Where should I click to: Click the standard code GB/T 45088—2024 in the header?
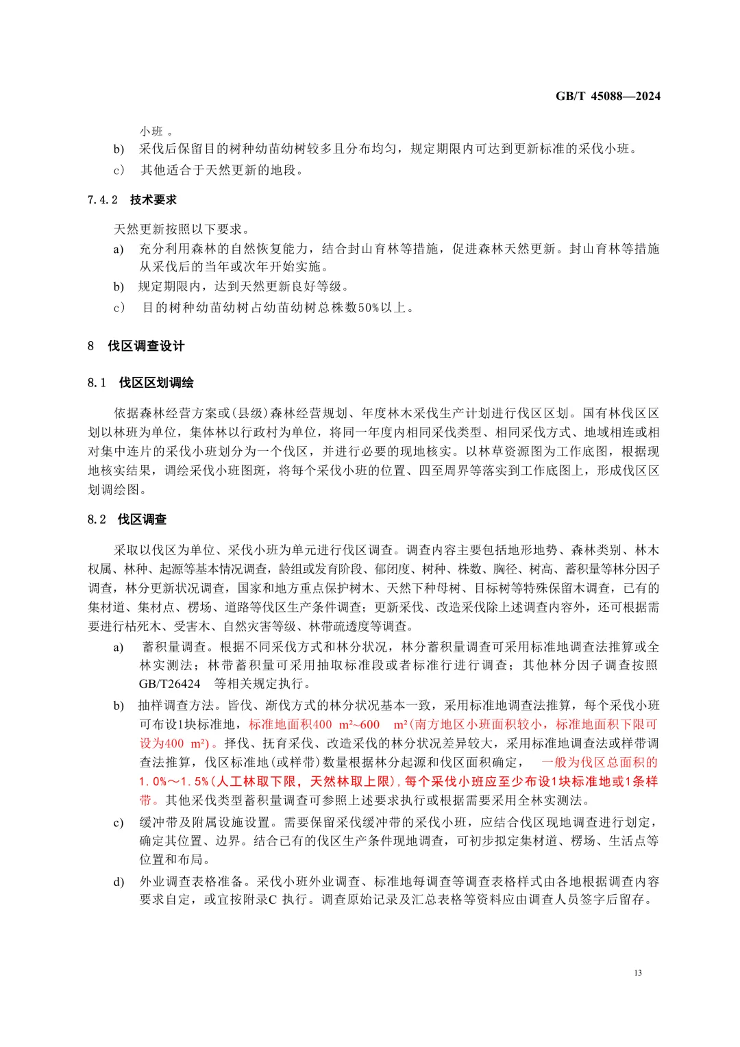pos(608,96)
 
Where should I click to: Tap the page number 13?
pos(638,972)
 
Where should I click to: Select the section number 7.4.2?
pos(103,200)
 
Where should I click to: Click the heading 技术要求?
pos(153,200)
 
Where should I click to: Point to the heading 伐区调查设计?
pos(146,346)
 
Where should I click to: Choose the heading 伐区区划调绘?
pos(156,382)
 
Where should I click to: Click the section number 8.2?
pos(97,519)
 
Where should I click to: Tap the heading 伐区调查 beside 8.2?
pos(143,519)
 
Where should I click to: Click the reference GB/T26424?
pos(169,684)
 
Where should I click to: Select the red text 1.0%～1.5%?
pos(173,781)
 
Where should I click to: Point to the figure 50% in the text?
pos(369,308)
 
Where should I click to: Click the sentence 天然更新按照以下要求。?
pos(182,229)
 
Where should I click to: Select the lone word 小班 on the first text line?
pos(152,131)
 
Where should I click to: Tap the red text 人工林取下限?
pos(256,781)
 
